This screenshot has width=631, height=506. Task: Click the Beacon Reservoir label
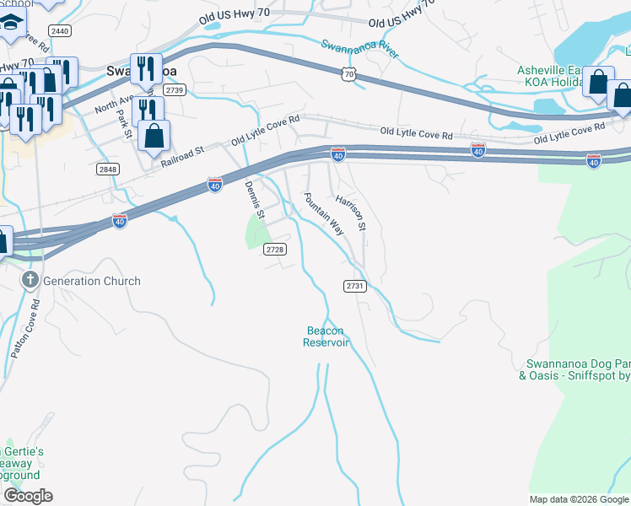pos(326,336)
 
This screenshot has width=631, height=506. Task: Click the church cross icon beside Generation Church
pos(30,280)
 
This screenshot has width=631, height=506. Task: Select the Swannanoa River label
pos(360,48)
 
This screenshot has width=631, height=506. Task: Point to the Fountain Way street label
pos(323,214)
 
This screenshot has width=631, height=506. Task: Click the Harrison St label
pos(350,213)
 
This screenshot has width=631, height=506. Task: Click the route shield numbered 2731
pos(355,287)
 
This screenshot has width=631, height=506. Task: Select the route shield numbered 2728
pos(275,249)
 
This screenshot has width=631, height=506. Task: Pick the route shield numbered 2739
pos(175,89)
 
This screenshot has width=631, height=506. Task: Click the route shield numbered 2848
pos(107,170)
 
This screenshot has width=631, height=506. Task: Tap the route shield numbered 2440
pos(60,30)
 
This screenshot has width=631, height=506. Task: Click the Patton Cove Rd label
pos(24,329)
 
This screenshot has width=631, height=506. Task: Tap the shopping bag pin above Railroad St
pos(154,135)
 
